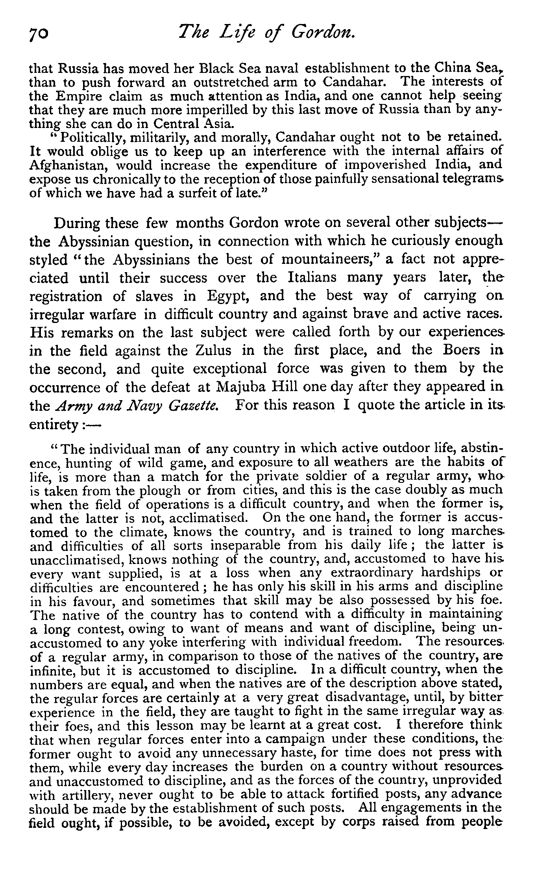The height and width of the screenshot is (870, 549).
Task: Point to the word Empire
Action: click(x=78, y=96)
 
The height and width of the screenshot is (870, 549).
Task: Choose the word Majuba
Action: click(x=241, y=387)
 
